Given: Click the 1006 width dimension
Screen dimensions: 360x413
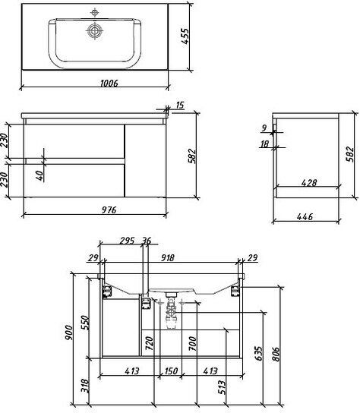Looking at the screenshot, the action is tap(109, 84).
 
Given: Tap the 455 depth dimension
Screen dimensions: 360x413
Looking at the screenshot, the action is tap(185, 36).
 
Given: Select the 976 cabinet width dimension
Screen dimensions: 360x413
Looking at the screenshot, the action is tap(109, 210).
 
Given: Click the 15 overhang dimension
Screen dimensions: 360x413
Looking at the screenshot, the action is tap(179, 105).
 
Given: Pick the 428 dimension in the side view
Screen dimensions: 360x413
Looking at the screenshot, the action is tap(309, 182).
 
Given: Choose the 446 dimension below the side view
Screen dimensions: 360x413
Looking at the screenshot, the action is tap(305, 217).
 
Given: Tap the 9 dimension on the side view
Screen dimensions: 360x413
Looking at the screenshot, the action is tap(264, 128).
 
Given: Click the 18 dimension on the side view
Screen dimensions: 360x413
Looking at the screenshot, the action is tap(264, 143).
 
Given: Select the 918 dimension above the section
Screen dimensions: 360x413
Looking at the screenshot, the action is tap(167, 257).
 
